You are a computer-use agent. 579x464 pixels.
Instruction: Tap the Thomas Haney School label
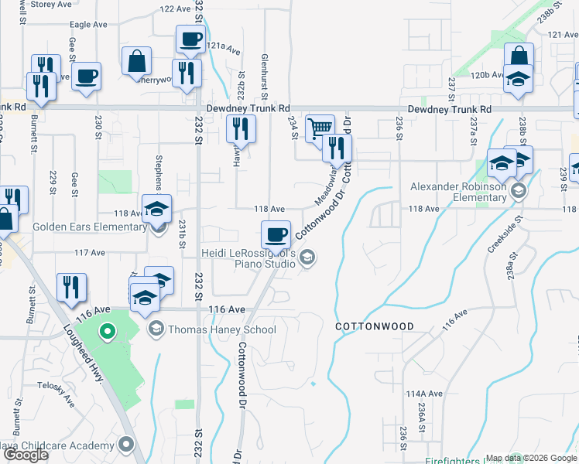pyautogui.click(x=221, y=329)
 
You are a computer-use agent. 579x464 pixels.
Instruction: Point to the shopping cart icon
pyautogui.click(x=319, y=128)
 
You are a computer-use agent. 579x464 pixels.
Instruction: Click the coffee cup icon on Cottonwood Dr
pyautogui.click(x=276, y=234)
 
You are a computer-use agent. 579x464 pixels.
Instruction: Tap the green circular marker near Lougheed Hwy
pyautogui.click(x=108, y=333)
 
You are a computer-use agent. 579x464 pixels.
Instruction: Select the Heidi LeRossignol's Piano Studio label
pyautogui.click(x=248, y=258)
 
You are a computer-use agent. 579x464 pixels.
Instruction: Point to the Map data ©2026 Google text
pyautogui.click(x=530, y=458)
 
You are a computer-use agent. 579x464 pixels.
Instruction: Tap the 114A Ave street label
pyautogui.click(x=423, y=394)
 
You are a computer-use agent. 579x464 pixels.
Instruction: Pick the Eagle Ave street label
pyautogui.click(x=88, y=25)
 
